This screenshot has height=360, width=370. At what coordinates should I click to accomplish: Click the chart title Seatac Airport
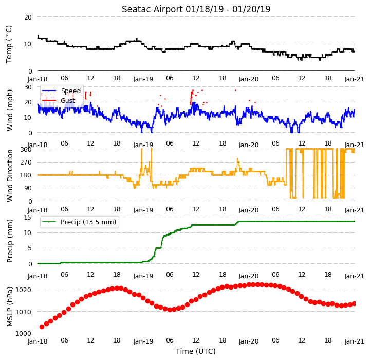[x=152, y=9]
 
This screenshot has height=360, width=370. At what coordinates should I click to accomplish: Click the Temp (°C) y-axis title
[x=9, y=44]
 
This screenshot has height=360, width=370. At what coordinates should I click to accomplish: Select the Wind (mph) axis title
[x=10, y=110]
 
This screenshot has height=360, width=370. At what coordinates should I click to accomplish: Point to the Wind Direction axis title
[x=10, y=175]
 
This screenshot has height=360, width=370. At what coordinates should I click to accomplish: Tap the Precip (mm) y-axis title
[x=10, y=241]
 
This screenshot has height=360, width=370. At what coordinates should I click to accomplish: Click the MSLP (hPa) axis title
[x=10, y=307]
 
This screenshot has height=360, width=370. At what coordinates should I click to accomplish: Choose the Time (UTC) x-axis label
[x=196, y=351]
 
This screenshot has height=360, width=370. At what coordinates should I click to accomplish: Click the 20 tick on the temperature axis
[x=28, y=17]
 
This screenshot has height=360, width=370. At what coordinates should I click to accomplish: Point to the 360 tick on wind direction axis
[x=26, y=150]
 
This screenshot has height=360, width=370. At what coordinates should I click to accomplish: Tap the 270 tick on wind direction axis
[x=26, y=163]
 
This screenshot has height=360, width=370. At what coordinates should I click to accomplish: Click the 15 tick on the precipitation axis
[x=28, y=218]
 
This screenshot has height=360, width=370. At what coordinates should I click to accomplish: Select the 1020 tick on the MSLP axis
[x=23, y=290]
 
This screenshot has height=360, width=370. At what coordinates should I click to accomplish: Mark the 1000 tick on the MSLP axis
[x=23, y=334]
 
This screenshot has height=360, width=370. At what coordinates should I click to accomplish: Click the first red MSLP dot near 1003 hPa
[x=42, y=327]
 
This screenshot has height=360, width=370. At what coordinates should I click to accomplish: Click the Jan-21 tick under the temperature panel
[x=355, y=79]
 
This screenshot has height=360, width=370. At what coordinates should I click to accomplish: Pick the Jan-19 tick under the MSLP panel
[x=143, y=341]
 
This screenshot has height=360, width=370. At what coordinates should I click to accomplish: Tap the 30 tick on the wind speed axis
[x=28, y=87]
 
